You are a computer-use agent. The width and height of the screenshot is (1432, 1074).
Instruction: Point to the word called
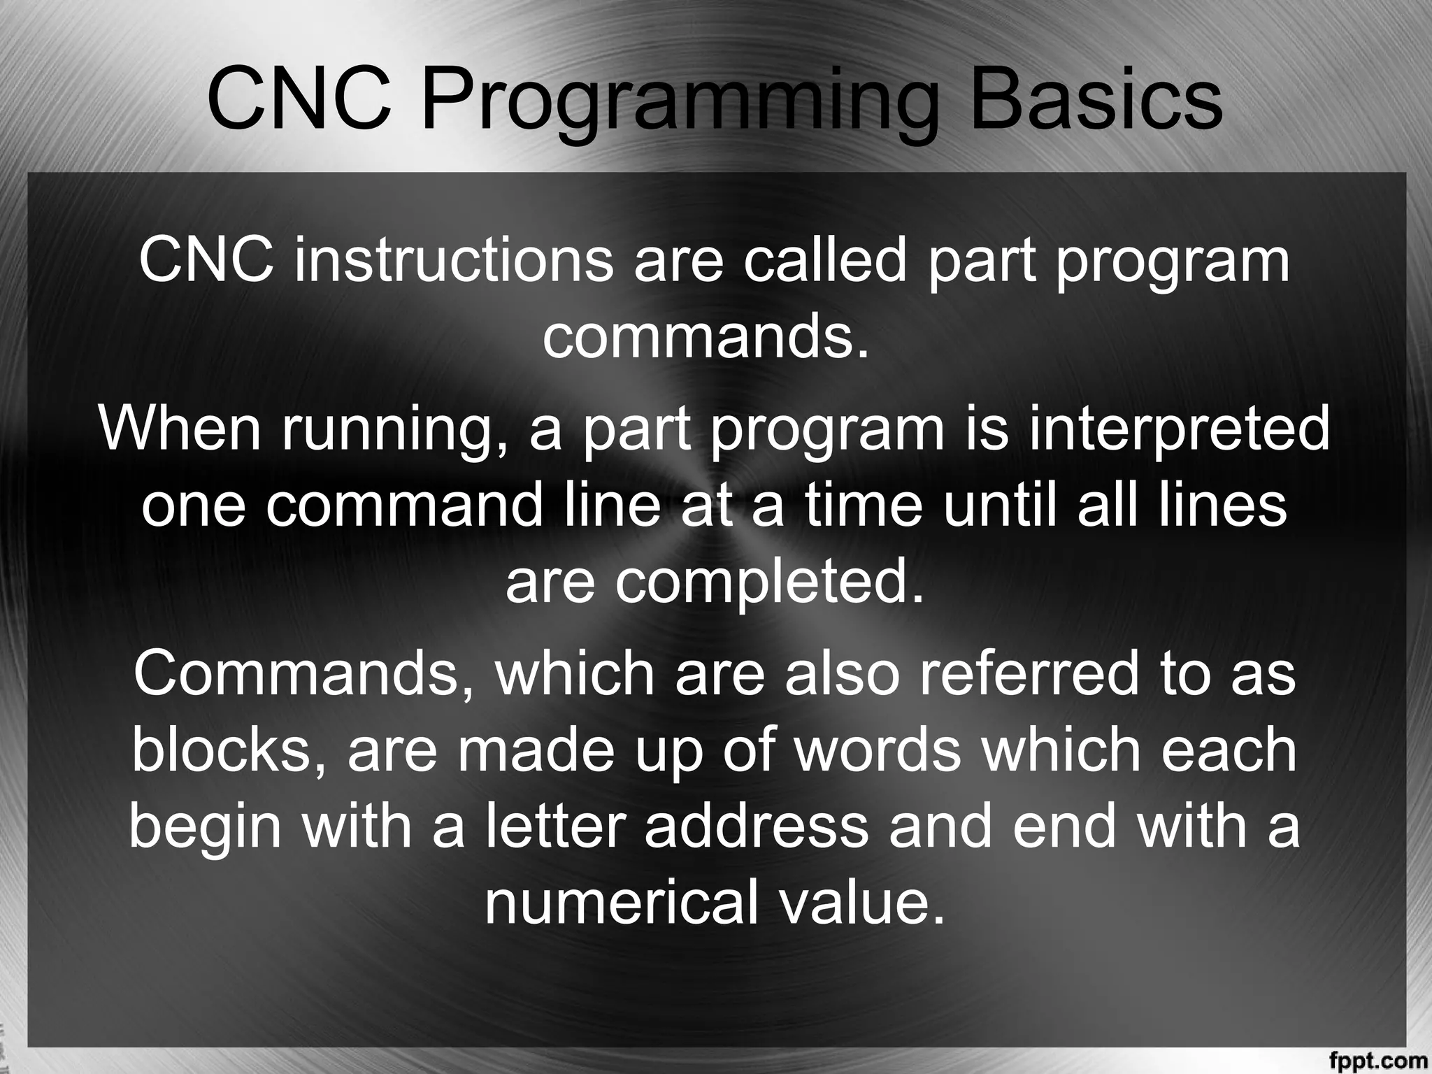click(824, 262)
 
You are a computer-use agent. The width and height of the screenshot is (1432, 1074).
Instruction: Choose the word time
click(864, 505)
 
